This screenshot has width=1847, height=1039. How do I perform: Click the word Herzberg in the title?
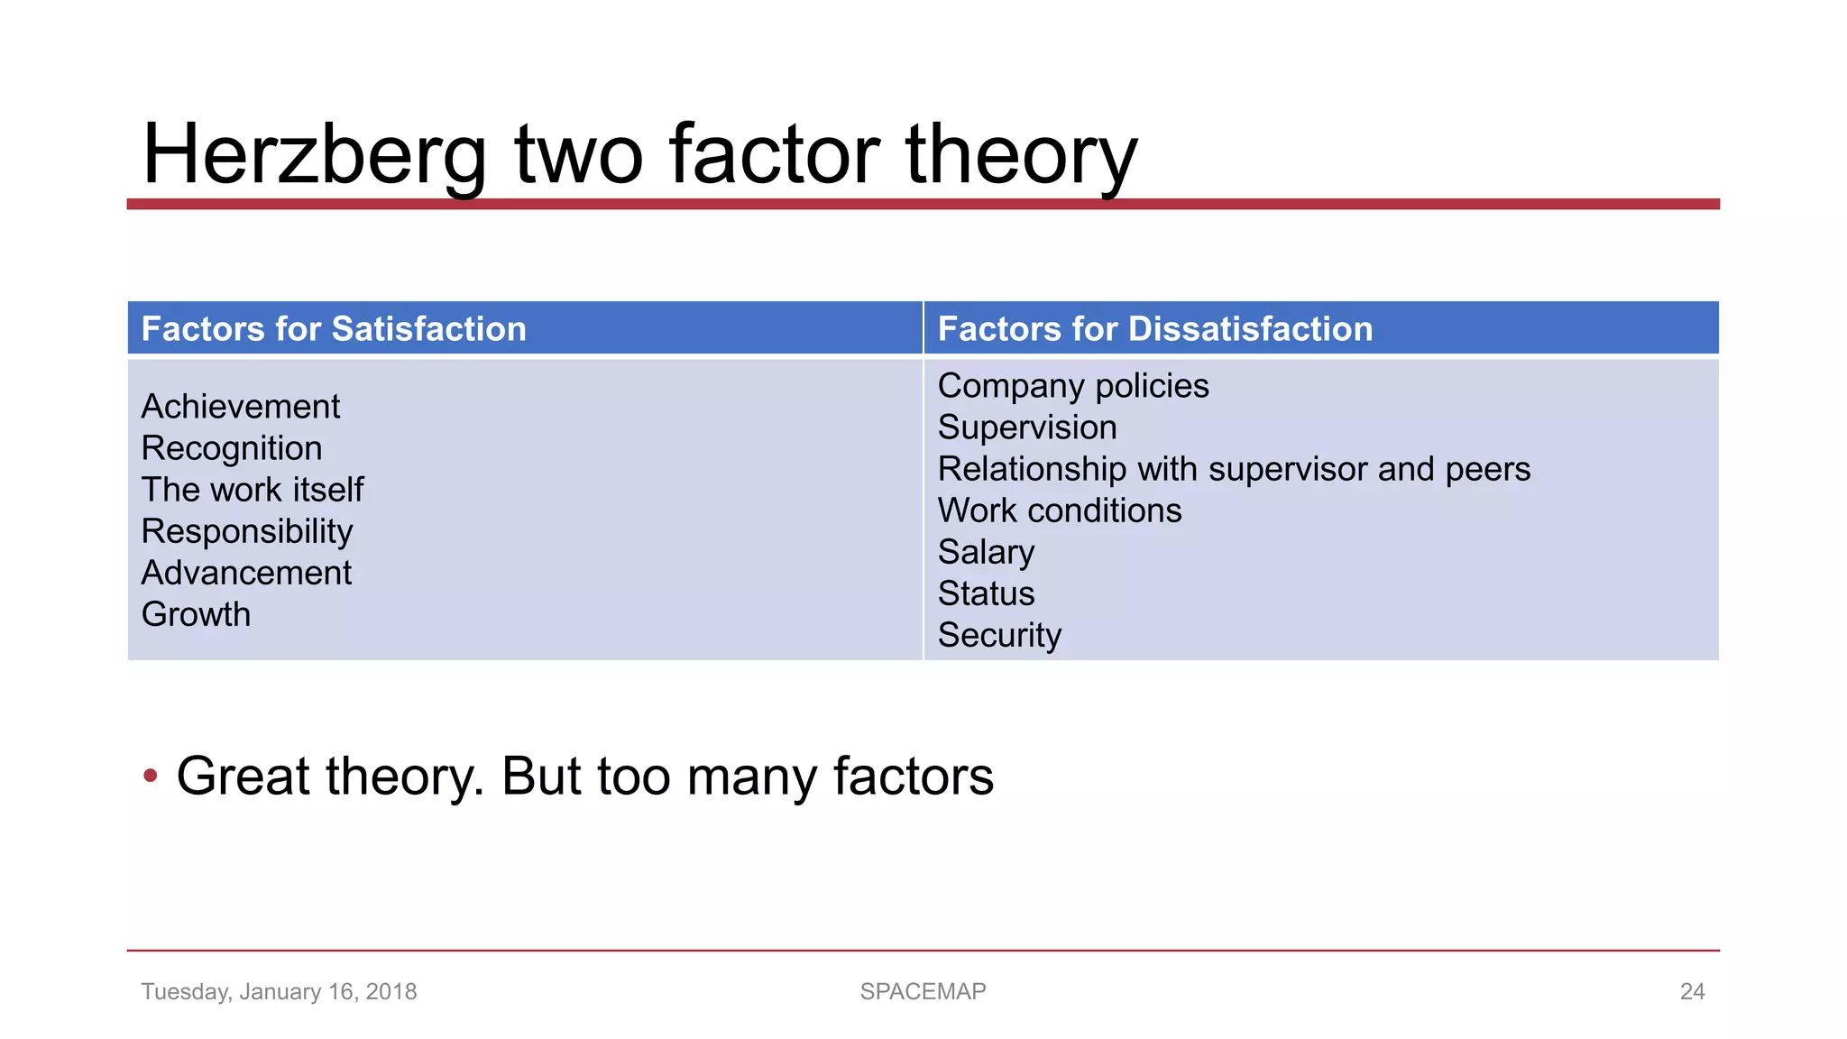coord(314,155)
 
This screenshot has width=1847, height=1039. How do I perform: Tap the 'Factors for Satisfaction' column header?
coord(334,329)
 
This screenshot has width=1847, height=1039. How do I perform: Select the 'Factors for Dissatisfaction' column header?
coord(1154,329)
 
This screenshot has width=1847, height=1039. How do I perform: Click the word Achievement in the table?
coord(241,407)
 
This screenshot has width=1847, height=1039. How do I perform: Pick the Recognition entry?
coord(232,448)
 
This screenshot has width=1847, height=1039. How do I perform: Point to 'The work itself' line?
coord(253,490)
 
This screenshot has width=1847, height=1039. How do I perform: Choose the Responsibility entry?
coord(247,531)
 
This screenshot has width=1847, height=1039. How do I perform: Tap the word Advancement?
coord(246,573)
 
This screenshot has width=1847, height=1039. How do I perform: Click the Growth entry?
coord(196,614)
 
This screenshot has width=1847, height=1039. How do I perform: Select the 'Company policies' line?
coord(1073,386)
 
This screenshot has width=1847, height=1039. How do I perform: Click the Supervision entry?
coord(1027,428)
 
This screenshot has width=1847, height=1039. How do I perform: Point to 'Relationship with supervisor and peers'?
coord(1234,469)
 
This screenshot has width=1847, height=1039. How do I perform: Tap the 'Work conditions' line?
coord(1060,510)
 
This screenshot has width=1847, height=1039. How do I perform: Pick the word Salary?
coord(986,552)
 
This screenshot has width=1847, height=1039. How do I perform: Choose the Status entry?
coord(986,593)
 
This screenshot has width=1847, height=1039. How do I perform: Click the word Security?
coord(999,635)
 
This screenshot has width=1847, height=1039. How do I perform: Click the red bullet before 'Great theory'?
coord(151,776)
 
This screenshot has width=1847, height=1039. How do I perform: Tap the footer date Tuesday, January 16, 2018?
coord(279,991)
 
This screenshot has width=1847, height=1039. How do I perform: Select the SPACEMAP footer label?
coord(923,991)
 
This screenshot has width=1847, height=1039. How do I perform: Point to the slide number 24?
coord(1692,991)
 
